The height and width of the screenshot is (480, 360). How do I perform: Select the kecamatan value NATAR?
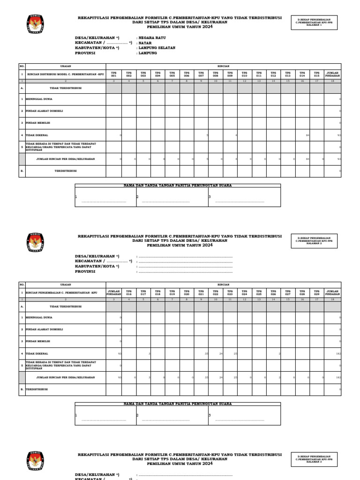pos(145,43)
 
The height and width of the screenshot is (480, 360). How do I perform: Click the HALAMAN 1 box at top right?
pos(314,22)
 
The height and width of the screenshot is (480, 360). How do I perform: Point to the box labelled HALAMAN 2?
pos(314,241)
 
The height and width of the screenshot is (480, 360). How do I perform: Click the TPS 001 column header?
pos(114,74)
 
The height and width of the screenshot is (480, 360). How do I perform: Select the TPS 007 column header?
pos(201,74)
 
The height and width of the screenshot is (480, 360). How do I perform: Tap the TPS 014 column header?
pos(302,74)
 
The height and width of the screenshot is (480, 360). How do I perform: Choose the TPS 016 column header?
pos(129,292)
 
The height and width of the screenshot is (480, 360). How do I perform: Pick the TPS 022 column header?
pos(216,292)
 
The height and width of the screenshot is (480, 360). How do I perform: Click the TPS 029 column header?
pos(317,292)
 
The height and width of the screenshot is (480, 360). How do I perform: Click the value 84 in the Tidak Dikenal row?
pos(307,135)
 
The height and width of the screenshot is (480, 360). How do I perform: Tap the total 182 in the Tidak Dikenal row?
pos(338,353)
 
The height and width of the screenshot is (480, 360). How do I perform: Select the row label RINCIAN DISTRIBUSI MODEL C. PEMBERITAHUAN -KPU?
pos(66,74)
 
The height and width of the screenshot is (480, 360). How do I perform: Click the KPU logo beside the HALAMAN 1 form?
pos(35,25)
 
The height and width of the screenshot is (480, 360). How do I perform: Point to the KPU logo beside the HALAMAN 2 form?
pos(35,243)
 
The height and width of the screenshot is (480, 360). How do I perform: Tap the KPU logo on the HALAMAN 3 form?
pos(35,462)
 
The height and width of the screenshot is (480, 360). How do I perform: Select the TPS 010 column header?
pos(245,74)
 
